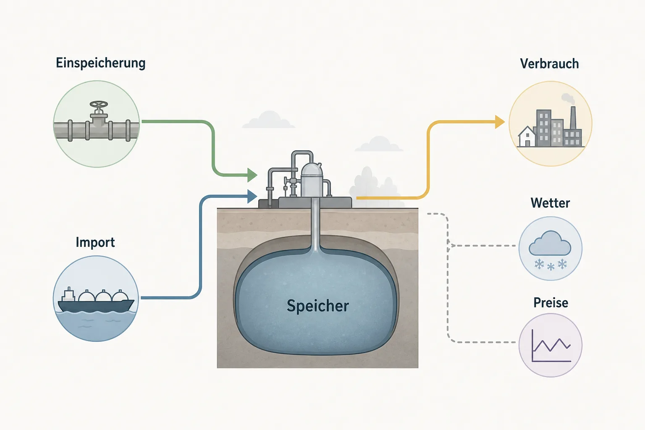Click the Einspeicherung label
point(100,63)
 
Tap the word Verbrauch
point(549,64)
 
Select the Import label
point(95,242)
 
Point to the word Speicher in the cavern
point(318,306)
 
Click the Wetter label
point(550,203)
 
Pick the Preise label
point(551,303)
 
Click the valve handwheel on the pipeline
point(99,104)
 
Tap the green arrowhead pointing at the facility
point(252,175)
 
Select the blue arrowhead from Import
point(252,197)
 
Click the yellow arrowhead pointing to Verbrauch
point(500,122)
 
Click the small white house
point(527,136)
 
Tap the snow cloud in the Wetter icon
point(550,243)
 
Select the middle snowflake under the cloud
point(551,267)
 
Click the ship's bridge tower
point(68,294)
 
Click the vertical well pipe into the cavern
point(316,225)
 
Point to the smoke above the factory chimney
point(569,99)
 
